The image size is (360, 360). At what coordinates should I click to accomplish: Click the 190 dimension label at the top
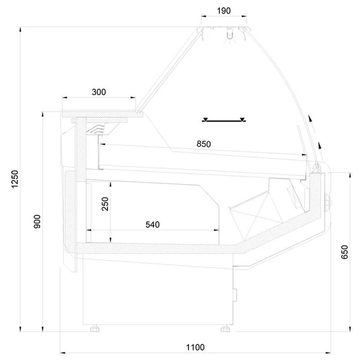[224, 11]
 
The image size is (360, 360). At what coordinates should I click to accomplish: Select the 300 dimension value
[99, 92]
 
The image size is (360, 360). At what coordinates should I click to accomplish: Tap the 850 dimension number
[203, 144]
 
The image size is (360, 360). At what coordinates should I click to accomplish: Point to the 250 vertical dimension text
[105, 203]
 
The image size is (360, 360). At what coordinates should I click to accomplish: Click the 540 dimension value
[152, 224]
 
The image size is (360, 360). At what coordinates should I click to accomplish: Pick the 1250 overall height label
[14, 179]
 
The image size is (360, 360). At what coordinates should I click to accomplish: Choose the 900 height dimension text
[37, 221]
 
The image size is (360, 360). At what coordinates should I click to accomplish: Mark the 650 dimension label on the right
[344, 252]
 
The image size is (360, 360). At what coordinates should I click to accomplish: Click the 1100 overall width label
[195, 347]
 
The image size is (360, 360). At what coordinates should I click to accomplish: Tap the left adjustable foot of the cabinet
[95, 328]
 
